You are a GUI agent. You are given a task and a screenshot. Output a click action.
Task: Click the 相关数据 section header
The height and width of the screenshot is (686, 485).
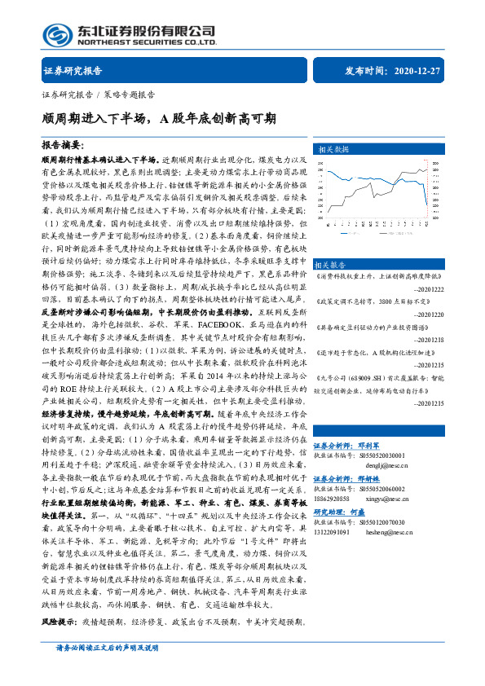pos(333,150)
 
